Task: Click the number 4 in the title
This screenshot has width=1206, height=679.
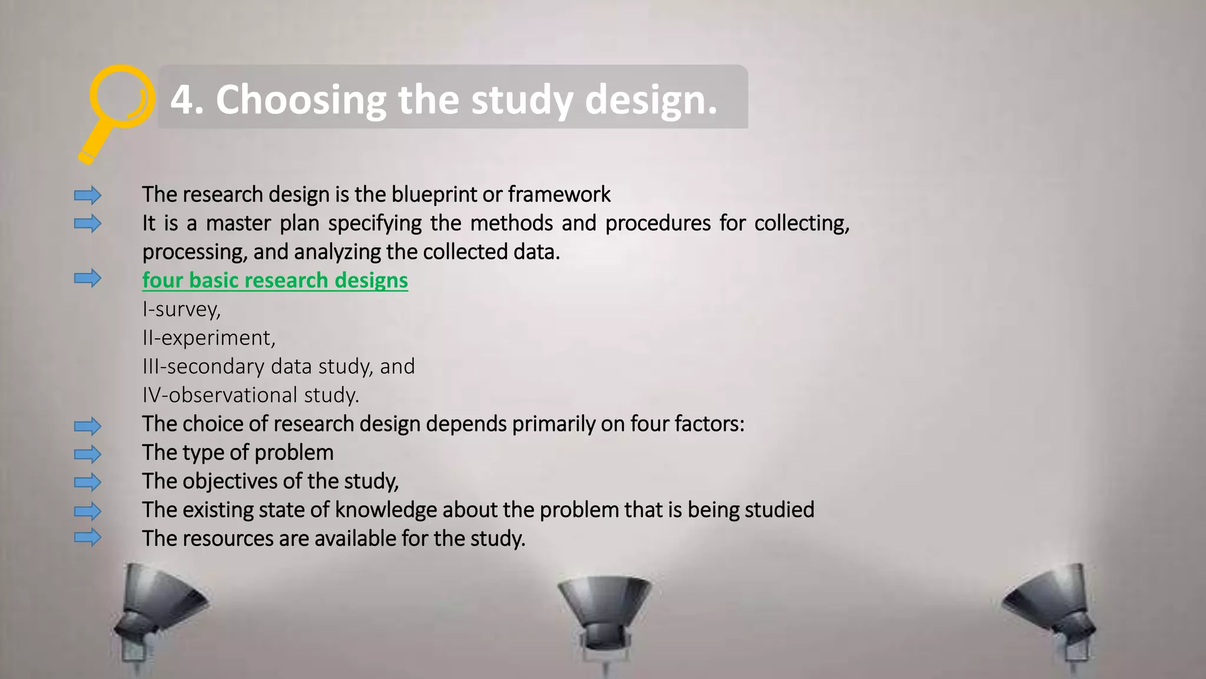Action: pyautogui.click(x=182, y=99)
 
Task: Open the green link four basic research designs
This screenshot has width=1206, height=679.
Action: pyautogui.click(x=275, y=281)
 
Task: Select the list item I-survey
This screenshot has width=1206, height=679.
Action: pyautogui.click(x=181, y=309)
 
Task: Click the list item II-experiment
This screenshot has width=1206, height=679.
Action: pyautogui.click(x=208, y=338)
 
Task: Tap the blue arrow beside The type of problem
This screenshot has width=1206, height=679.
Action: pyautogui.click(x=88, y=454)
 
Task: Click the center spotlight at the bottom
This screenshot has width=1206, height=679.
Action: pyautogui.click(x=605, y=613)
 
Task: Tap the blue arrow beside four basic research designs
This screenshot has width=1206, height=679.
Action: pyautogui.click(x=88, y=278)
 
